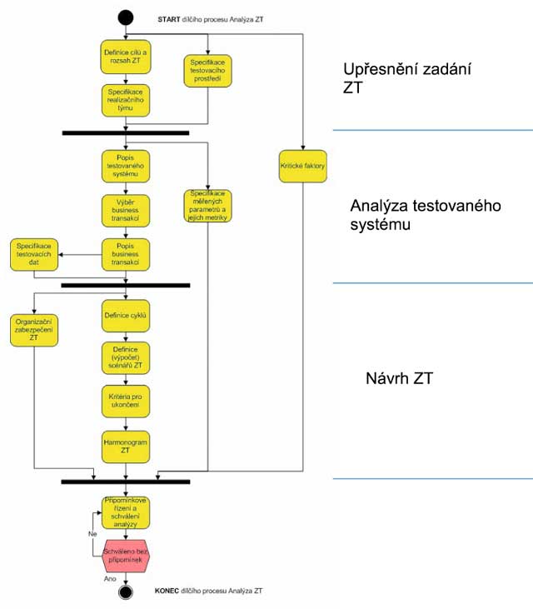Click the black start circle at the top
point(125,16)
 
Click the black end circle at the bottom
point(125,592)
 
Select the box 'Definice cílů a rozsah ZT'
point(125,57)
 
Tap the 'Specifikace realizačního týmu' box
point(125,100)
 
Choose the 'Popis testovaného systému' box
point(125,166)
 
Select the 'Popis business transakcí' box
point(125,255)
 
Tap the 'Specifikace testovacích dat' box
point(34,255)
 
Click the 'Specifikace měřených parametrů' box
point(208,205)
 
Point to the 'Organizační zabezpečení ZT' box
point(34,328)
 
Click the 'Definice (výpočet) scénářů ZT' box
point(125,357)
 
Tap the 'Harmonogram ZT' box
point(125,443)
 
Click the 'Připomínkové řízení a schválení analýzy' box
point(125,512)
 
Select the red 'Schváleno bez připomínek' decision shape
point(125,557)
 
